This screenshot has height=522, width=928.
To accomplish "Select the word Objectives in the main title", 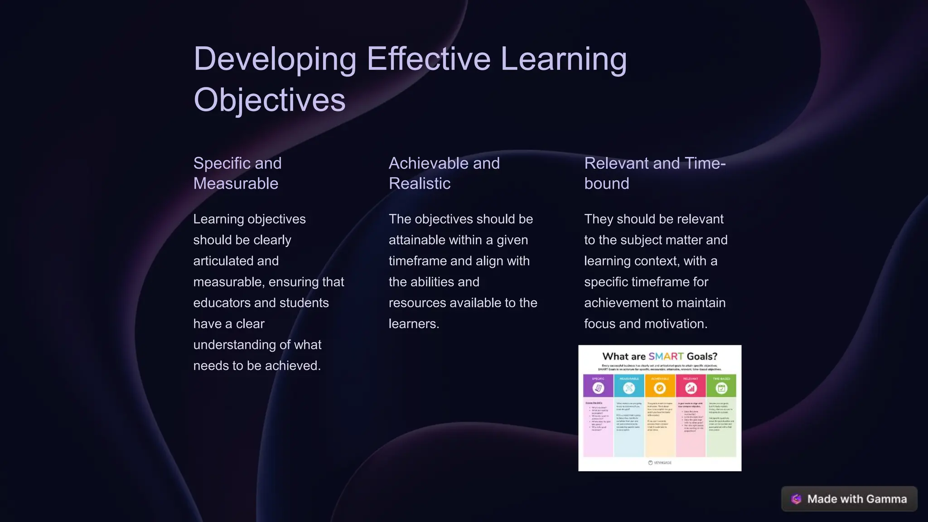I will pyautogui.click(x=269, y=100).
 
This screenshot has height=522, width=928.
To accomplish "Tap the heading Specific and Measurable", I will pyautogui.click(x=237, y=173).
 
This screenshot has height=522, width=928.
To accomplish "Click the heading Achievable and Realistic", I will pyautogui.click(x=444, y=173).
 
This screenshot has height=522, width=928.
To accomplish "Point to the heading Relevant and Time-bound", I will pyautogui.click(x=654, y=173).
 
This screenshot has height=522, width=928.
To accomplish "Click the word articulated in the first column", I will pyautogui.click(x=236, y=261).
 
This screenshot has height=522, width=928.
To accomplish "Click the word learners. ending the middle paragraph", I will pyautogui.click(x=414, y=324).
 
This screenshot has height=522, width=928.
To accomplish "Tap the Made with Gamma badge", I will pyautogui.click(x=849, y=499).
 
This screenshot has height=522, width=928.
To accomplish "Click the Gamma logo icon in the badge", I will pyautogui.click(x=796, y=499).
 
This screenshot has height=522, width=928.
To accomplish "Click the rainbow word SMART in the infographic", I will pyautogui.click(x=666, y=357).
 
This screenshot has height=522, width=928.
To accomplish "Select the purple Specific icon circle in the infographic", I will pyautogui.click(x=598, y=388).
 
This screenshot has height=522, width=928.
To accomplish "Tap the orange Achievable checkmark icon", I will pyautogui.click(x=660, y=388).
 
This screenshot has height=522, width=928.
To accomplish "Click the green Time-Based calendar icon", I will pyautogui.click(x=721, y=388).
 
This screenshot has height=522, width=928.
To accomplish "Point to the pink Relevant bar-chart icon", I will pyautogui.click(x=691, y=388).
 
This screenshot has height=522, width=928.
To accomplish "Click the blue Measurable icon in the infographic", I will pyautogui.click(x=629, y=388).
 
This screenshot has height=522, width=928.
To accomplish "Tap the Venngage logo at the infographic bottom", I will pyautogui.click(x=660, y=463).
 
